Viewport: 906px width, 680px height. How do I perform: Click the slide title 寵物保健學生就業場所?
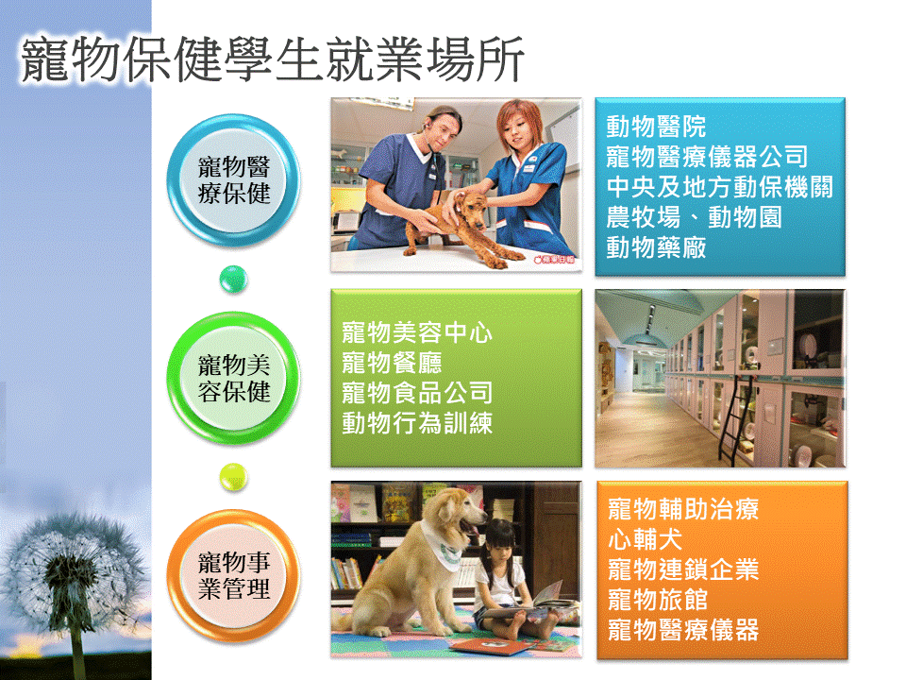(x=272, y=59)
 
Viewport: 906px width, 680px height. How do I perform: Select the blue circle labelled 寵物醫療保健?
(x=233, y=180)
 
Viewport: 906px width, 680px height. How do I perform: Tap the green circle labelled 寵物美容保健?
(x=233, y=378)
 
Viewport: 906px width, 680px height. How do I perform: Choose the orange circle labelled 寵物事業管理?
(x=233, y=576)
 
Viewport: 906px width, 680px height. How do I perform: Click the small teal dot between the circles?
(x=233, y=280)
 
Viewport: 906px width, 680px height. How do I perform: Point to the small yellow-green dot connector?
(x=233, y=477)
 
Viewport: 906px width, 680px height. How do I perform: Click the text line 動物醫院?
(x=656, y=126)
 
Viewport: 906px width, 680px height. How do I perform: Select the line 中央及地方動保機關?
(x=719, y=187)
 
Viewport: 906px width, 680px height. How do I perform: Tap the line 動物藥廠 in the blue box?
(x=656, y=247)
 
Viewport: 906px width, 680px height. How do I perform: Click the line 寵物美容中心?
(x=416, y=332)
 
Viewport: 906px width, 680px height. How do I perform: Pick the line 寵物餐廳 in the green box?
(x=392, y=363)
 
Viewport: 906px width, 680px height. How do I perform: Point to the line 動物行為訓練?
(x=416, y=423)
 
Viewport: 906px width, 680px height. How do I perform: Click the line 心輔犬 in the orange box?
(x=645, y=539)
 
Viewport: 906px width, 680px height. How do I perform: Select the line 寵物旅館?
(x=658, y=600)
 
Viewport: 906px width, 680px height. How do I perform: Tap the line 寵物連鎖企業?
(x=683, y=569)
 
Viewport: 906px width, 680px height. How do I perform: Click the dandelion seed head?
(x=73, y=572)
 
